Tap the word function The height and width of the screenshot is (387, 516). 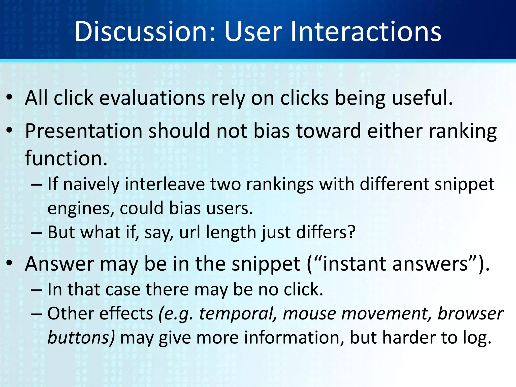66,158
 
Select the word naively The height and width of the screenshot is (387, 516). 91,184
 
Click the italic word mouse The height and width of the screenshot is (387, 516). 309,314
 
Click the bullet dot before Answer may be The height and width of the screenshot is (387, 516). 10,263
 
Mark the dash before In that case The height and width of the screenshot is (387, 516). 36,290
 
